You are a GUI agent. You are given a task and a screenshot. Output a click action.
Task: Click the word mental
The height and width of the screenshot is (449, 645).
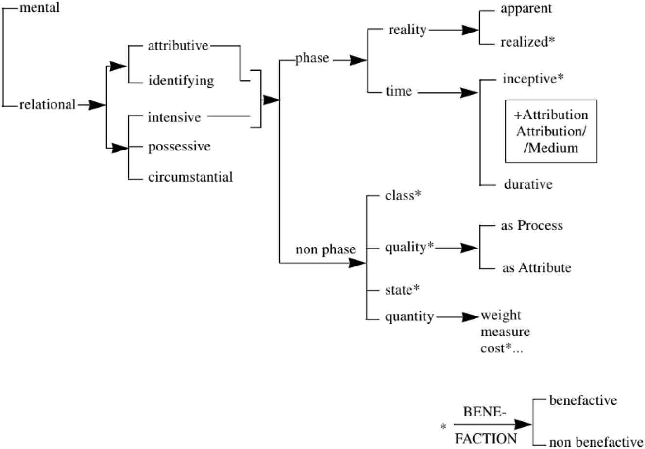tap(39, 8)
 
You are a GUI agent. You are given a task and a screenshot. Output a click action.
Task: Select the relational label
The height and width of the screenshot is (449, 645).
tap(47, 104)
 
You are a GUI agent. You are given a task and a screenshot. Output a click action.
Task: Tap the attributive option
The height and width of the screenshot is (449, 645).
tap(178, 46)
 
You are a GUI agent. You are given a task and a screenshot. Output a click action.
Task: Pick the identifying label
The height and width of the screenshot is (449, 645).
tap(181, 81)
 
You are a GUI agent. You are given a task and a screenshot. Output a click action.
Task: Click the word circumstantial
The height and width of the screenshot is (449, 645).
tap(190, 177)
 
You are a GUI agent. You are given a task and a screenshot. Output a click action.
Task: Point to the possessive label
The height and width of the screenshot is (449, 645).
tap(179, 147)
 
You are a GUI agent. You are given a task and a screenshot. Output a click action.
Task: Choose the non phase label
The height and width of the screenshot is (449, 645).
tap(325, 249)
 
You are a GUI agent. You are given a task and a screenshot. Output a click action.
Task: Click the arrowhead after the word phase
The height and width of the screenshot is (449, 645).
tap(358, 60)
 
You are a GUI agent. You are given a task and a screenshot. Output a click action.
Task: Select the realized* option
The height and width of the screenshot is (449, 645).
tap(527, 42)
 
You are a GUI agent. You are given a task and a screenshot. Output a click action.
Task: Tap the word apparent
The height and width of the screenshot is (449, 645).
tap(526, 9)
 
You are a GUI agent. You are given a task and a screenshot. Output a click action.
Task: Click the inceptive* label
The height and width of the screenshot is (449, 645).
tap(533, 79)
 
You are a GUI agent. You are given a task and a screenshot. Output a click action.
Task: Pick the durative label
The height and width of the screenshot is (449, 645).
tap(528, 184)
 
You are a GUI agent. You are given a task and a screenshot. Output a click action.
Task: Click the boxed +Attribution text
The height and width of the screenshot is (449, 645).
tap(551, 115)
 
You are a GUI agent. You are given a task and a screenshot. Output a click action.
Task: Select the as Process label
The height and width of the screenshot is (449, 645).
tap(532, 226)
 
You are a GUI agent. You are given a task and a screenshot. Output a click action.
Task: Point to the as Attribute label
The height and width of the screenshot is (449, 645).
tap(536, 268)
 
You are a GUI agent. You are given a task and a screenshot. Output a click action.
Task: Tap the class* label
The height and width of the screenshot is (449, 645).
tap(403, 195)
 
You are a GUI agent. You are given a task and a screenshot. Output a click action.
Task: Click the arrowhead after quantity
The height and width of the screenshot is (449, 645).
tap(470, 317)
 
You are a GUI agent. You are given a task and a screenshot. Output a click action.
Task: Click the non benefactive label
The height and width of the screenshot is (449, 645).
tap(596, 442)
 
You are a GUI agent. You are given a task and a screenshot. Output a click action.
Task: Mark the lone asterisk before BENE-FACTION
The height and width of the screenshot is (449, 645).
tap(443, 427)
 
